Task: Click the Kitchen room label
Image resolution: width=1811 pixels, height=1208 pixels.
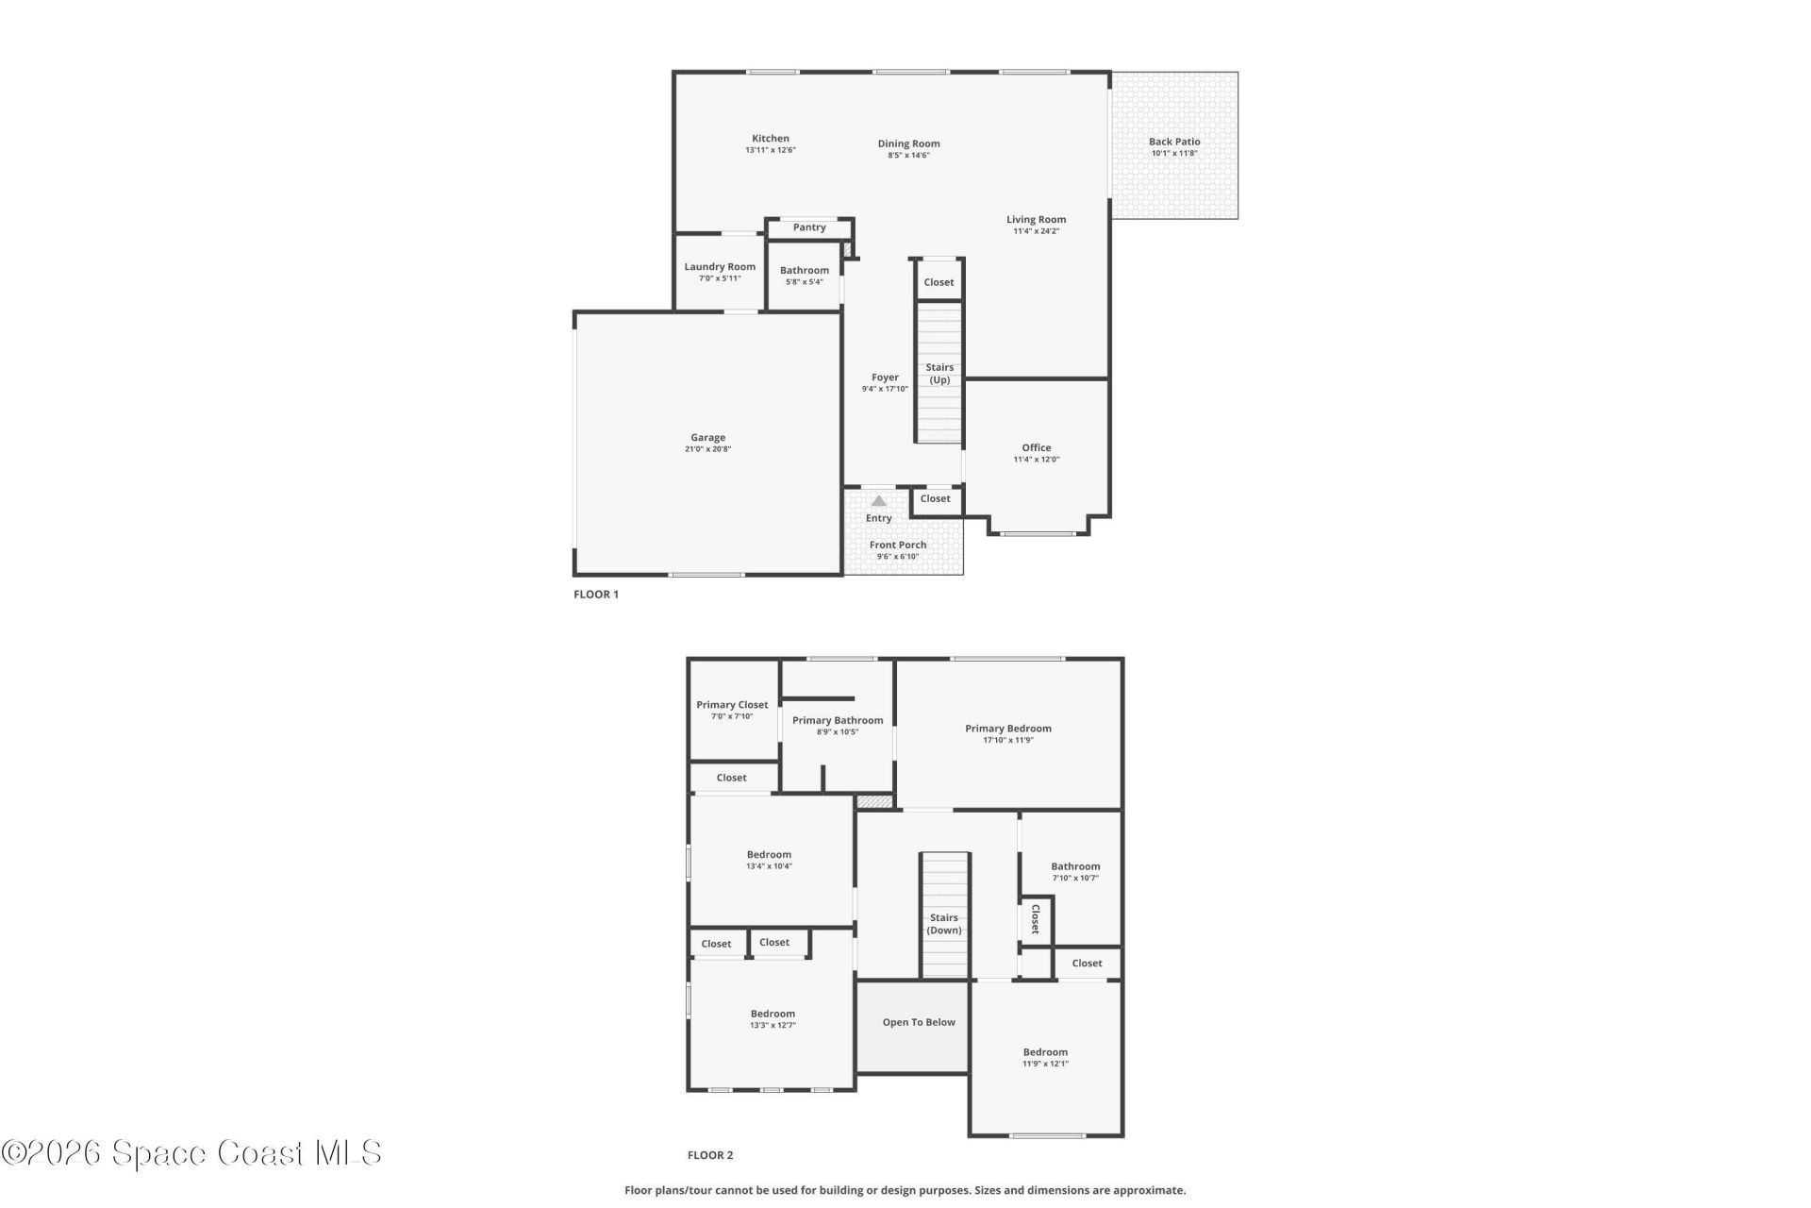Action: [771, 139]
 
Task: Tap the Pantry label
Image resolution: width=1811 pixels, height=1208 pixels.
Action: [809, 227]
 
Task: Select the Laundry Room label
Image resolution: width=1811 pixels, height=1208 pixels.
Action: [720, 267]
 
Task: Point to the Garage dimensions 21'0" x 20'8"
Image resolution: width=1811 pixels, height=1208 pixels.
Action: [708, 449]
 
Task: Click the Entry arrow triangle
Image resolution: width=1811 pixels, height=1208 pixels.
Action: [879, 501]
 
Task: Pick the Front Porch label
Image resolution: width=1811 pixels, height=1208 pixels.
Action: [898, 545]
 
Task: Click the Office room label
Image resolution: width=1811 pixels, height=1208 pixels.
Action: [1037, 448]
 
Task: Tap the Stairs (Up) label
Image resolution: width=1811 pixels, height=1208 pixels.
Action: [939, 374]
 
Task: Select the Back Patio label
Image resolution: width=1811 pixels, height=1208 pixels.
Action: [1174, 142]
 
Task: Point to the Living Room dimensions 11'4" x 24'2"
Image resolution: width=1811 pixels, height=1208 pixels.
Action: [1037, 231]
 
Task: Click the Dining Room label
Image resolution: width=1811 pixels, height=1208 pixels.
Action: [909, 144]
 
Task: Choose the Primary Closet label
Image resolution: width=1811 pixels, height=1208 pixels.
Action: [732, 705]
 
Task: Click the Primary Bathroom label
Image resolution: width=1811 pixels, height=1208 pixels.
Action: [838, 721]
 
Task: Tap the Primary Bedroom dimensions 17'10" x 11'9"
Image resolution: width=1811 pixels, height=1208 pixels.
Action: [1008, 740]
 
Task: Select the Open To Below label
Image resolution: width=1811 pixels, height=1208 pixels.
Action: [919, 1022]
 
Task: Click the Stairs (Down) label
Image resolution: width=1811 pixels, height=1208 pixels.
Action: [944, 924]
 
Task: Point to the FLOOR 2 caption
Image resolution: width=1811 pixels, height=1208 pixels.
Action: [710, 1155]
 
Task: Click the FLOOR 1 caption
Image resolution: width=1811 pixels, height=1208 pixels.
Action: [596, 595]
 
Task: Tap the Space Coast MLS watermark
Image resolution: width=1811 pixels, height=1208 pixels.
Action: [191, 1153]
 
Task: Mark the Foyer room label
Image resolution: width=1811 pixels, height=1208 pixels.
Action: [885, 377]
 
